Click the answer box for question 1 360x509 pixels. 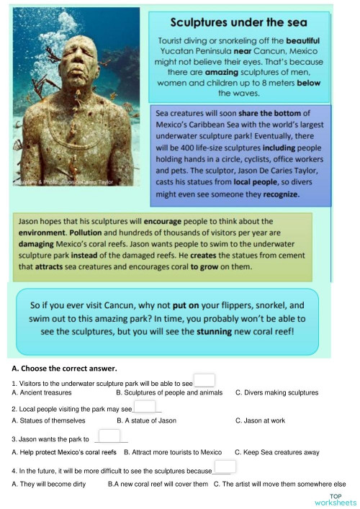pos(204,381)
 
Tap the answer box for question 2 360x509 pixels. pos(144,407)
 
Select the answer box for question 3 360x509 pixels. pos(109,436)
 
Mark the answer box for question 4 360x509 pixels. pos(225,467)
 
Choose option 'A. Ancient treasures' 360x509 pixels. pos(42,393)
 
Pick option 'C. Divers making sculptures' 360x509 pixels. pos(276,393)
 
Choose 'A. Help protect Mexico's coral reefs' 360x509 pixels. pos(64,452)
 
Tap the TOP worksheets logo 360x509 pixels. pos(335,499)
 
